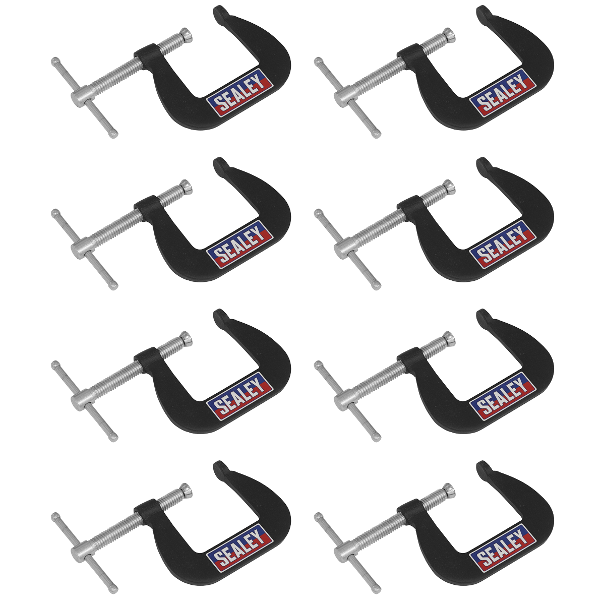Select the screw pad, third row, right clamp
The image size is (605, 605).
pyautogui.click(x=448, y=339)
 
